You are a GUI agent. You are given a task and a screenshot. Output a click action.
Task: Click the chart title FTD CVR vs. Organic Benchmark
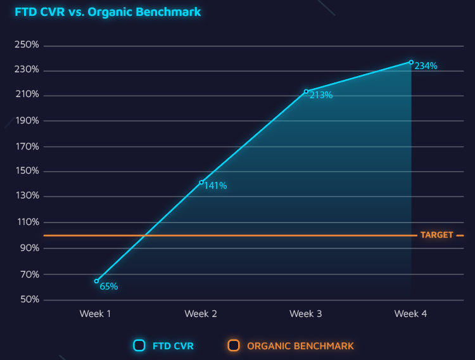click(108, 11)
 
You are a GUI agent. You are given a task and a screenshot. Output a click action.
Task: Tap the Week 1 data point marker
click(96, 281)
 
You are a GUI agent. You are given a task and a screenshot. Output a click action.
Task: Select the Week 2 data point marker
click(201, 183)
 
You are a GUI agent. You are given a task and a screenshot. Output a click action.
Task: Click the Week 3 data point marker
click(306, 91)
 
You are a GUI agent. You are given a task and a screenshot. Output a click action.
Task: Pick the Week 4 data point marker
click(411, 62)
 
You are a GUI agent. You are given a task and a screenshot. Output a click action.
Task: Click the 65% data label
click(109, 286)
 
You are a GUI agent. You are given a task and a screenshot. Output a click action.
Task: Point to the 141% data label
click(215, 186)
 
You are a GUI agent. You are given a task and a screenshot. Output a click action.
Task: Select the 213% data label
click(321, 96)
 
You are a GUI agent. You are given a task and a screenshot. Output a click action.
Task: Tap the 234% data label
click(426, 66)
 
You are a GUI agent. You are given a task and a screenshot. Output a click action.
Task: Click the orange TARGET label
click(437, 235)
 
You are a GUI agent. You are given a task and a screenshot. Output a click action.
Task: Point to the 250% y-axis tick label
click(27, 46)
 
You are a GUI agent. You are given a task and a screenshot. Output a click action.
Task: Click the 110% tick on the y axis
click(27, 222)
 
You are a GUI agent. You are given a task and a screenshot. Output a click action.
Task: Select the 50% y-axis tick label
click(28, 300)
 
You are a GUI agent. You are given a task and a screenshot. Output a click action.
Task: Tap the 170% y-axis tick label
click(27, 146)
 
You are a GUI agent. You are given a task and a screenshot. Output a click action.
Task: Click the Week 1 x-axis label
click(96, 314)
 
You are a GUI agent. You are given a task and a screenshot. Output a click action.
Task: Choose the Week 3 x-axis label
click(305, 314)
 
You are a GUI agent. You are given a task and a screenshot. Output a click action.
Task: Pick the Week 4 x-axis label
click(410, 314)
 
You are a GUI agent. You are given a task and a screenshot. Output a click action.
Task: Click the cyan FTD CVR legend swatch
click(139, 345)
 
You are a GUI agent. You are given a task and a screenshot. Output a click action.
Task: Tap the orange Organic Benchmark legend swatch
click(234, 345)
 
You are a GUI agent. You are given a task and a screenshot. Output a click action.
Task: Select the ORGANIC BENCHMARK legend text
click(300, 346)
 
